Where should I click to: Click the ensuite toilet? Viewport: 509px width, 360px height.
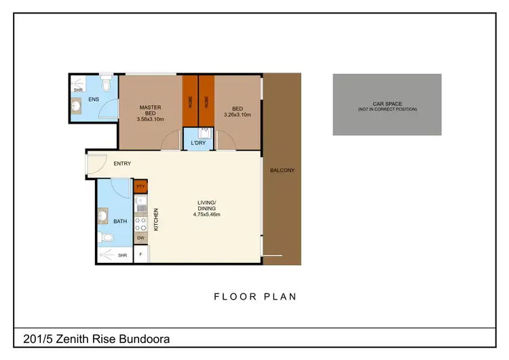coord(105,86)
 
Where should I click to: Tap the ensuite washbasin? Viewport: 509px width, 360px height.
coord(76,105)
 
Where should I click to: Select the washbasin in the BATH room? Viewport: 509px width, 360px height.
coord(103,216)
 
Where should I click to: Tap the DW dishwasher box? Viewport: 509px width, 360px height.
coord(141,238)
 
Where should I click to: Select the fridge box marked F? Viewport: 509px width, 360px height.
coord(141,255)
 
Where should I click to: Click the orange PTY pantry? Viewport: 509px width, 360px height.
coord(141,186)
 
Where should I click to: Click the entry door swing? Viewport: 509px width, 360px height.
coord(95,163)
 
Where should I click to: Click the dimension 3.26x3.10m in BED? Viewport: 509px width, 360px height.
coord(238,115)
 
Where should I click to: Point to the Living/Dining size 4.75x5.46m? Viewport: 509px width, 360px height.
coord(206,215)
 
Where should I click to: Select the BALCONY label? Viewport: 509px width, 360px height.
coord(282,170)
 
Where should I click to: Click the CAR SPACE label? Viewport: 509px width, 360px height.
coord(387,103)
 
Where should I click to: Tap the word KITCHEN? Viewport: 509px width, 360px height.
coord(155,219)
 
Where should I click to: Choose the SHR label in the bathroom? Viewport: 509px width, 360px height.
coord(123,255)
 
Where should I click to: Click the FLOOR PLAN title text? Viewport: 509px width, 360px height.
coord(255,296)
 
